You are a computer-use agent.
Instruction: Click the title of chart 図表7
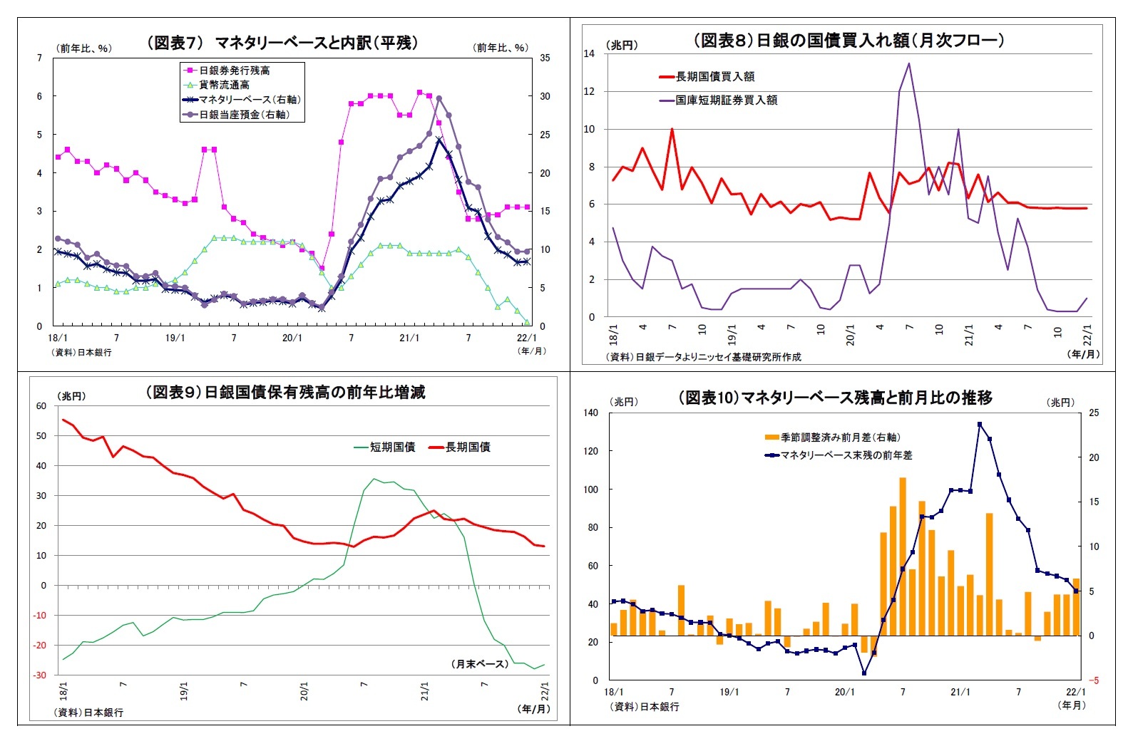pos(282,43)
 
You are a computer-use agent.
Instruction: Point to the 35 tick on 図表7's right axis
pos(544,58)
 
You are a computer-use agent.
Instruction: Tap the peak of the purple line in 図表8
pos(908,63)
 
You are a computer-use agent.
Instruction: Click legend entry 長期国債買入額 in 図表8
pos(714,76)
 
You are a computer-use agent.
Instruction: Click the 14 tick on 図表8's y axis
pos(589,53)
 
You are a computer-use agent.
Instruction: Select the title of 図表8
pos(849,41)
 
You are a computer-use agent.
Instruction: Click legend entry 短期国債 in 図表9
pos(391,447)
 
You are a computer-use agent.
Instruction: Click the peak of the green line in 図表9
pos(373,479)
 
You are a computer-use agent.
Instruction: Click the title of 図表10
pos(835,398)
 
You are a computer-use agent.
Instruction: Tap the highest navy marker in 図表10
pos(980,424)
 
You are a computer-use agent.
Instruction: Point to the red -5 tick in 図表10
pos(1093,680)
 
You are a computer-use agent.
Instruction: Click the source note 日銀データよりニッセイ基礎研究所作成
pos(703,356)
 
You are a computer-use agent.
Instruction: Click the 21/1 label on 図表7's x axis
pos(409,338)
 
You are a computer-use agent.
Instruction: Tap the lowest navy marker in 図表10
pos(864,673)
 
